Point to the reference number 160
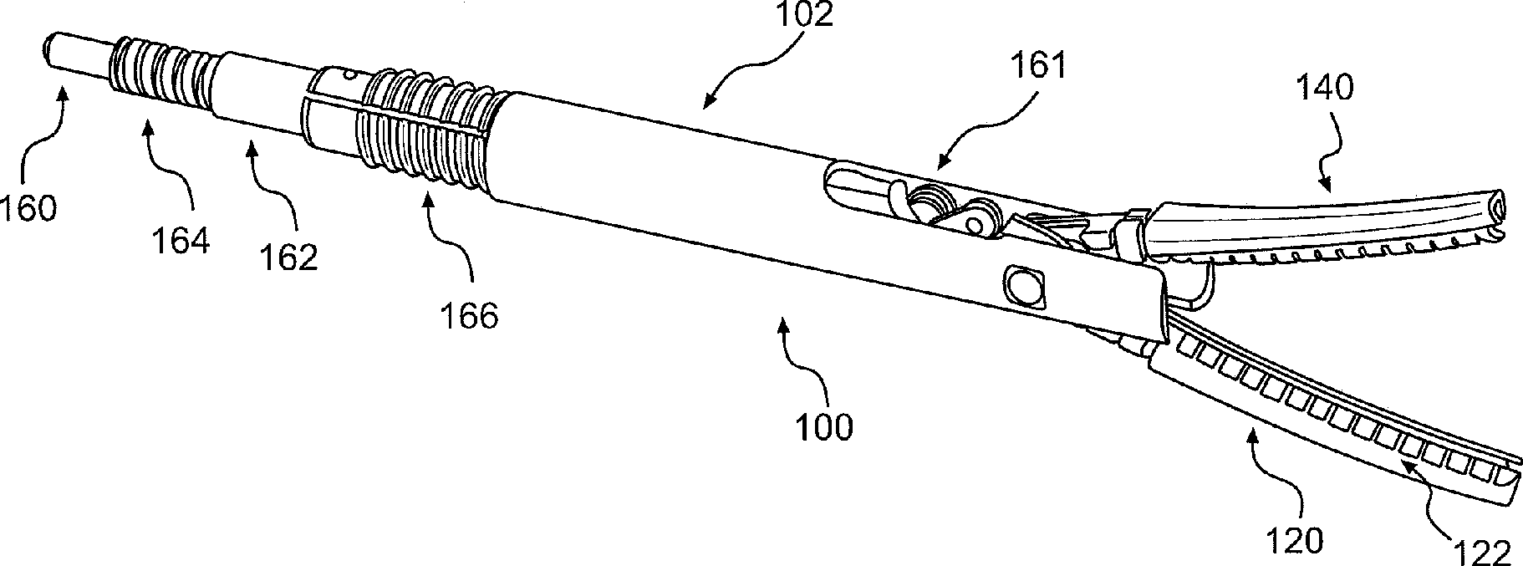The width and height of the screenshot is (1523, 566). coord(28,207)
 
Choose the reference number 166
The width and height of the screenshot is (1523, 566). coord(469,315)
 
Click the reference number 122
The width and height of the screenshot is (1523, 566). coord(1485,552)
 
